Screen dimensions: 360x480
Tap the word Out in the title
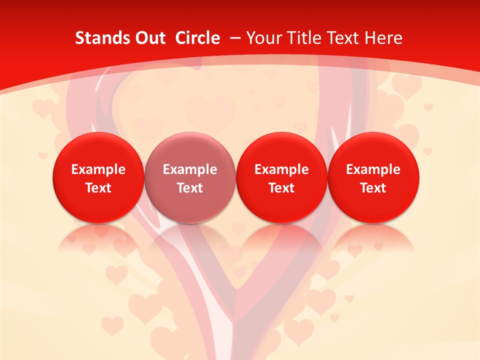click(148, 38)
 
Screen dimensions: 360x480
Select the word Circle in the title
click(197, 38)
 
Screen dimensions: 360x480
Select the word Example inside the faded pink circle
click(190, 169)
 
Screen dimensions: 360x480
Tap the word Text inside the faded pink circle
click(190, 188)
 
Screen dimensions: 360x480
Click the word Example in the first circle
click(98, 169)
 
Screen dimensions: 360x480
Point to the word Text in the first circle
click(98, 188)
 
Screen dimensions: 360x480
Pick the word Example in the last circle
click(373, 169)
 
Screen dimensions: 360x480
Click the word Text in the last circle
click(373, 188)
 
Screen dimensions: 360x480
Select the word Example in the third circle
click(282, 169)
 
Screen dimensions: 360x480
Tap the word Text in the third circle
click(282, 188)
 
